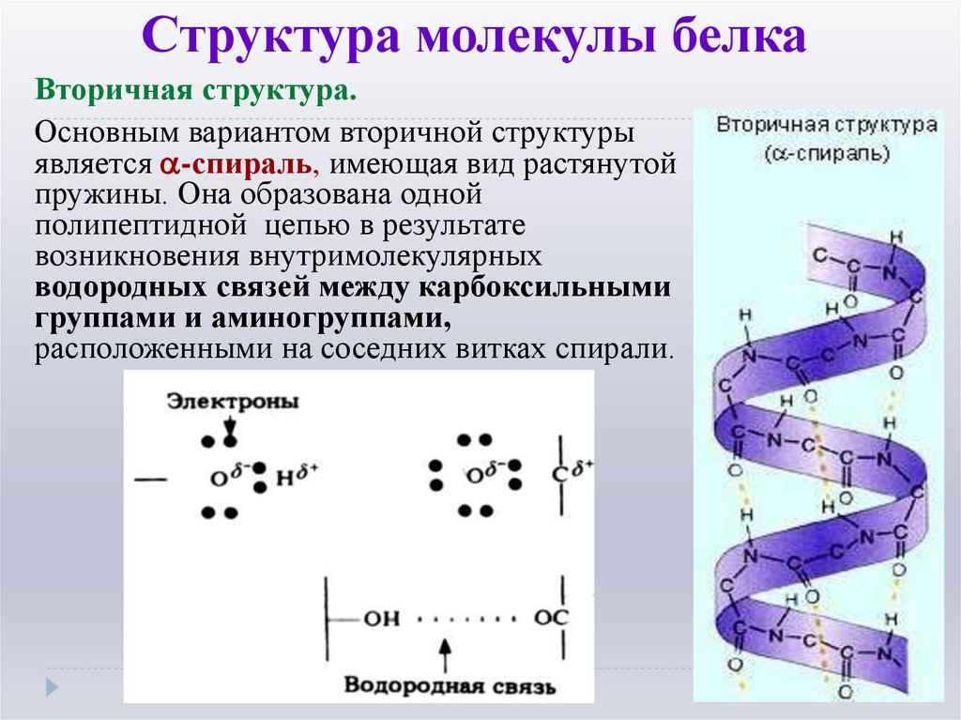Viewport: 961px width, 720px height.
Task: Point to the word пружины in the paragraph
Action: click(92, 194)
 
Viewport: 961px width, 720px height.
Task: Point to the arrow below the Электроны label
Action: click(229, 427)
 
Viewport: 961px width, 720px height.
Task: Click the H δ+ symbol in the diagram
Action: click(296, 476)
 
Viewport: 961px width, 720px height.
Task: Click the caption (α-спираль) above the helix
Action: click(827, 151)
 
